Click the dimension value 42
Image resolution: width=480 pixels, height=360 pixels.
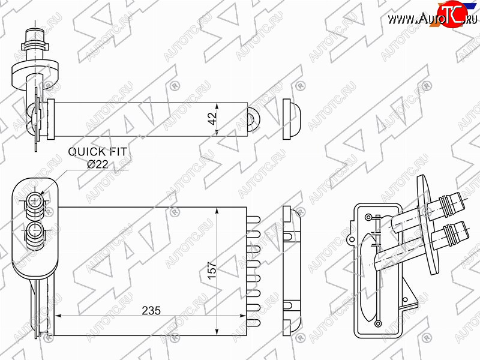pyautogui.click(x=212, y=118)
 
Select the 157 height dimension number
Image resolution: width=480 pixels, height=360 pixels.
pyautogui.click(x=212, y=270)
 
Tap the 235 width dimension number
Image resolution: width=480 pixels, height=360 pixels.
pyautogui.click(x=151, y=310)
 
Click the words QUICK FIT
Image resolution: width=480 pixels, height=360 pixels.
pyautogui.click(x=97, y=152)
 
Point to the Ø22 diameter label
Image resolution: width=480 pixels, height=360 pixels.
pyautogui.click(x=98, y=164)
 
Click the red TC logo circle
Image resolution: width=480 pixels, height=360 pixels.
pyautogui.click(x=452, y=13)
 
